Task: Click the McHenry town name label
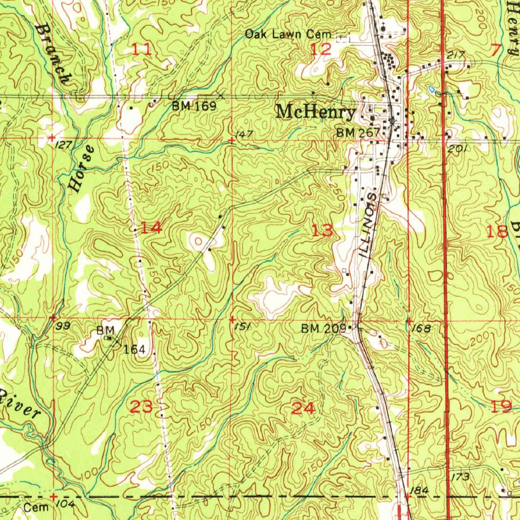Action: pos(315,112)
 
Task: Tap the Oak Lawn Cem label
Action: pos(288,35)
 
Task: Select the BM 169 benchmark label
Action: pos(194,106)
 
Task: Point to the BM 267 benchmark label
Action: pos(358,133)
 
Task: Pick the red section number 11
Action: pos(142,49)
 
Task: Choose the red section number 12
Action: pos(321,49)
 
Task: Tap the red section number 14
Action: pos(151,228)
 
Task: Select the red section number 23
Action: pos(141,407)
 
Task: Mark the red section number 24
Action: pos(303,408)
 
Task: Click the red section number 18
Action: pos(497,232)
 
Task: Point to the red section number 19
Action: pos(501,407)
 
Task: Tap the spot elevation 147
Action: pos(244,134)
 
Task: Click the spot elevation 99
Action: pos(63,327)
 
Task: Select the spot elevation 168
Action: pos(421,329)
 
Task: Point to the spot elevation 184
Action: pos(421,491)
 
